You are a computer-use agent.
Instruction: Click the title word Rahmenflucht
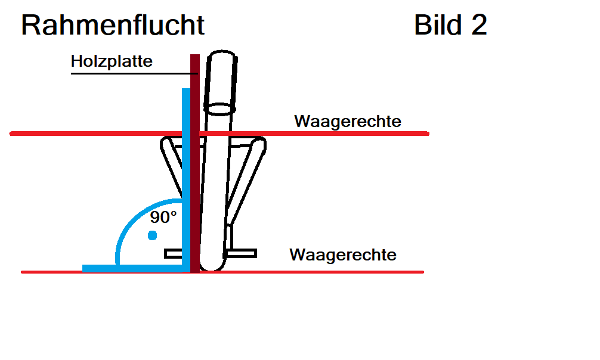point(113,25)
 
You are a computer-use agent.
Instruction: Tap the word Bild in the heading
point(438,25)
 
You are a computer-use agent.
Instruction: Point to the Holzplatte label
point(112,61)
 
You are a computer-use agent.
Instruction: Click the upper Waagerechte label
point(348,121)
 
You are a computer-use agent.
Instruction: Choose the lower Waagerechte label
point(343,255)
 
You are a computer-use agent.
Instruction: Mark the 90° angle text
point(163,218)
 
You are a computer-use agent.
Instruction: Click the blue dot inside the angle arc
point(152,235)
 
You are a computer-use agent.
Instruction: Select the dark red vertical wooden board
point(195,163)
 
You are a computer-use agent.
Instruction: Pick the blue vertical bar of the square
point(186,180)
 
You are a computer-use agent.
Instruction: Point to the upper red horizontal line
point(219,134)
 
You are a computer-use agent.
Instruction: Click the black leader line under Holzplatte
point(134,73)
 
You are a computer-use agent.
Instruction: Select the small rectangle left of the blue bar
point(173,253)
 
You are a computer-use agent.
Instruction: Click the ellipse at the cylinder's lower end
point(219,108)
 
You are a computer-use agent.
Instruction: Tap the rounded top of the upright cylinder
point(222,52)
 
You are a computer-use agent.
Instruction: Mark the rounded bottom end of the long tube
point(212,265)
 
